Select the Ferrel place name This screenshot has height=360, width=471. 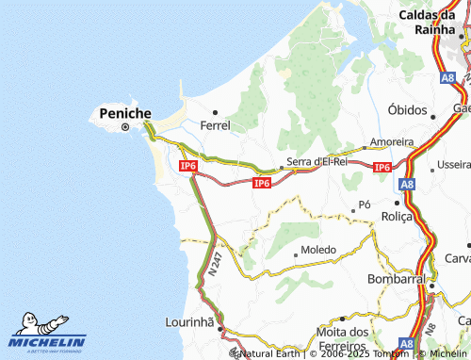(x=216, y=123)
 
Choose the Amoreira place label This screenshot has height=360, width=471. (x=392, y=141)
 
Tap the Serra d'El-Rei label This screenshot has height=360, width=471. (x=317, y=161)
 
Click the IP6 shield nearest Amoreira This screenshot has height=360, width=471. (x=382, y=167)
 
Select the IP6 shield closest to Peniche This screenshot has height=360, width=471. (x=187, y=166)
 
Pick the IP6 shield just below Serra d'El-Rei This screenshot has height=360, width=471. (x=262, y=183)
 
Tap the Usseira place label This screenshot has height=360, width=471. (x=453, y=164)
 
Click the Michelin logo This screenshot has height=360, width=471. (x=47, y=335)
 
